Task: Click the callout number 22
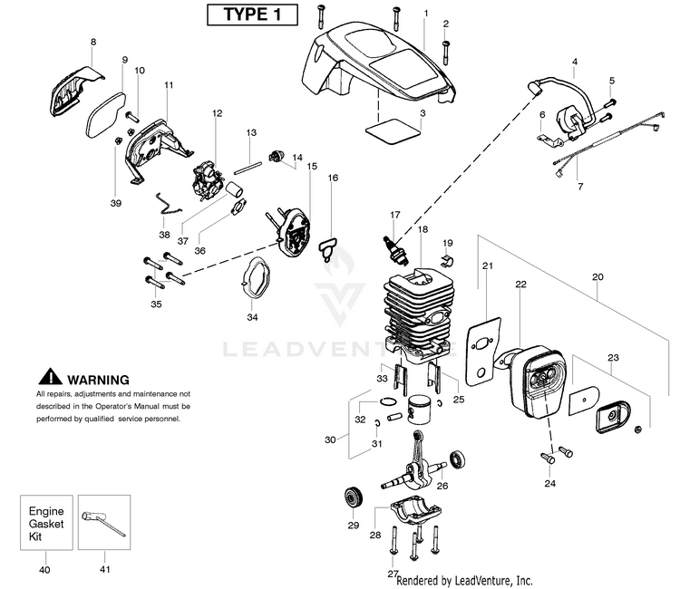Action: pyautogui.click(x=520, y=284)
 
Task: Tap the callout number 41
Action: pyautogui.click(x=104, y=568)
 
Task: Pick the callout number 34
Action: pyautogui.click(x=252, y=316)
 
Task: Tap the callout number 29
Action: pyautogui.click(x=354, y=525)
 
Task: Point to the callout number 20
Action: pyautogui.click(x=597, y=276)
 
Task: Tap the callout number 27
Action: pyautogui.click(x=393, y=574)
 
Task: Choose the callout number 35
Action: pyautogui.click(x=157, y=304)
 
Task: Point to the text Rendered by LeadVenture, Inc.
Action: pyautogui.click(x=464, y=580)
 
